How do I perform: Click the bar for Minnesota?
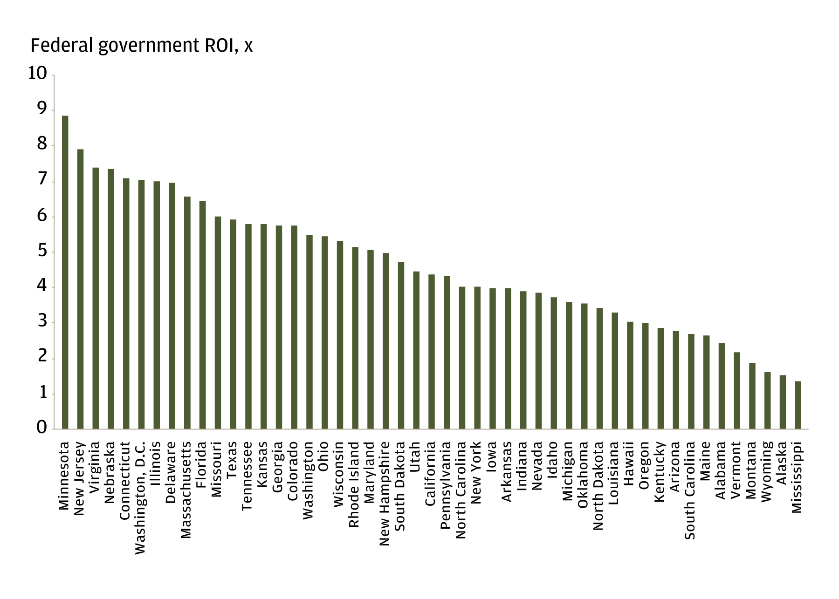point(65,272)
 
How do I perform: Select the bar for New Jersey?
point(80,289)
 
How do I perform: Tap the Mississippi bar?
point(798,405)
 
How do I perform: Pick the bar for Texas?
point(233,324)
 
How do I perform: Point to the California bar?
point(432,352)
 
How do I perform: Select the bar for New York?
point(477,358)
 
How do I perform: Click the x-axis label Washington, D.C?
point(140,497)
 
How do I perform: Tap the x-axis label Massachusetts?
point(186,490)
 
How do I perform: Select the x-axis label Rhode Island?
point(354,484)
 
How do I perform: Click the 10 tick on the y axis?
point(38,73)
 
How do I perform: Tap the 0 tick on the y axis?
point(42,428)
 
